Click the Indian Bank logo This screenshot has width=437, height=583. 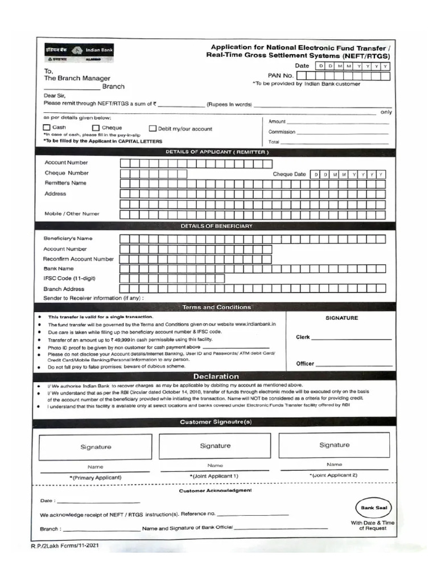click(x=80, y=53)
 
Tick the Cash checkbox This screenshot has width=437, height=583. click(x=47, y=128)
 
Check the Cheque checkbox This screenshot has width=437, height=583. click(x=96, y=128)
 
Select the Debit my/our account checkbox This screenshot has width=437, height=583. click(x=153, y=129)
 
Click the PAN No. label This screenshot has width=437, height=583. click(x=281, y=75)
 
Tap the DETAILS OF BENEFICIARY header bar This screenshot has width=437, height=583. click(x=216, y=226)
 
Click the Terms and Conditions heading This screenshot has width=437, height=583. click(x=216, y=307)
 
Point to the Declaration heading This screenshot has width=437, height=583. click(x=216, y=376)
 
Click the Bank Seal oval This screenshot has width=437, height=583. click(x=373, y=507)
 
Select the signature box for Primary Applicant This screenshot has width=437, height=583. click(x=95, y=447)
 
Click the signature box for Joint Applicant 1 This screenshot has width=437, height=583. click(x=215, y=446)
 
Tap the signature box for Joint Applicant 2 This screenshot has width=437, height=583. click(x=334, y=445)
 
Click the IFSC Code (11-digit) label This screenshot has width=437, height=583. click(x=69, y=278)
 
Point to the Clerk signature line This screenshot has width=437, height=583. click(x=352, y=339)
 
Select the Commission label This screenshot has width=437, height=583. click(x=282, y=132)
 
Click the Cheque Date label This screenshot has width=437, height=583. click(x=289, y=174)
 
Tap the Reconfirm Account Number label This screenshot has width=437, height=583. click(x=79, y=258)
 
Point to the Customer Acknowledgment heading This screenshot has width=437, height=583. click(x=216, y=490)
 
